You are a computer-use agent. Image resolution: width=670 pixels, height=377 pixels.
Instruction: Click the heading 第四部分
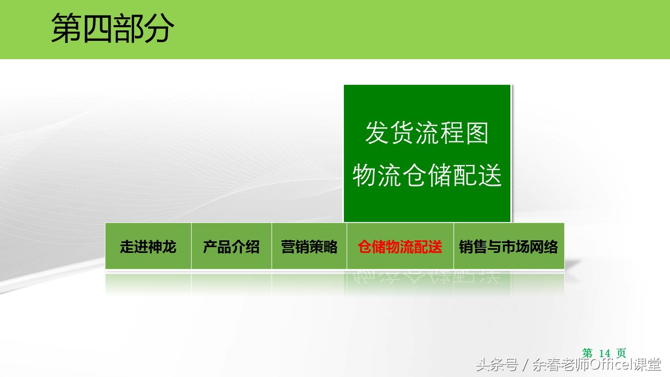point(113,28)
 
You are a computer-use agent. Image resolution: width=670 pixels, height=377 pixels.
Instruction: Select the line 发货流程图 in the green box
point(427,133)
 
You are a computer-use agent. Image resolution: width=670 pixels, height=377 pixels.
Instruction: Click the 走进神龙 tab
point(148,247)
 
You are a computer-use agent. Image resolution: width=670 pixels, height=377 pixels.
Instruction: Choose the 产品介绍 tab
point(231,247)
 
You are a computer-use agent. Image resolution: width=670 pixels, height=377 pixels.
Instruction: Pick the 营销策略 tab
point(309,247)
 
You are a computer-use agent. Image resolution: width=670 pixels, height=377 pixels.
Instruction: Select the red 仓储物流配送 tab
point(400,247)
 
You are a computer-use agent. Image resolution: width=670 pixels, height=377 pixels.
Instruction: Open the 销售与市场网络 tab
point(508,247)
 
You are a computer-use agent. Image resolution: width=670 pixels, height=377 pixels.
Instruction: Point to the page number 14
point(604,353)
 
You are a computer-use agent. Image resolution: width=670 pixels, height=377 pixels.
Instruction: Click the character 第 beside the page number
point(587,353)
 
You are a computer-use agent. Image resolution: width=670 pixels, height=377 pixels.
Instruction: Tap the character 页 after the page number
point(621,353)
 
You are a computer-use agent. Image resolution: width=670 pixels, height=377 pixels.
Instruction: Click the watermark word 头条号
point(497,364)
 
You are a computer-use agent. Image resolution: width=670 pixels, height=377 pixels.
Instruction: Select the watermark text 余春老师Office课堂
point(597,364)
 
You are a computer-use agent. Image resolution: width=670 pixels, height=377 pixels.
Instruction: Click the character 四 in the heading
point(97,28)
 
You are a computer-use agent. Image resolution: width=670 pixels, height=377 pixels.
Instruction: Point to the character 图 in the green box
point(477,133)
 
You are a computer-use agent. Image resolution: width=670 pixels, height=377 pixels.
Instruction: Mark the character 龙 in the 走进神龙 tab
point(169,247)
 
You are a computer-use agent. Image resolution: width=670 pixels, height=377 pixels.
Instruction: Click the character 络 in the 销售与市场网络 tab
point(551,247)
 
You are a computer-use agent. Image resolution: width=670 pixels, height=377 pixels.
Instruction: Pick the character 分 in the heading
point(159,28)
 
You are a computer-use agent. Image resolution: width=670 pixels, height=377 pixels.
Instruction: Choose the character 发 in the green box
point(377,133)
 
